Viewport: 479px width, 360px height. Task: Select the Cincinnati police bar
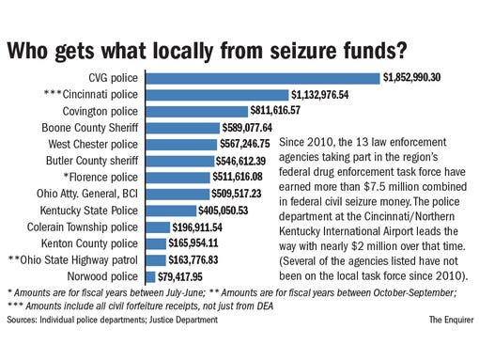(216, 94)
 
